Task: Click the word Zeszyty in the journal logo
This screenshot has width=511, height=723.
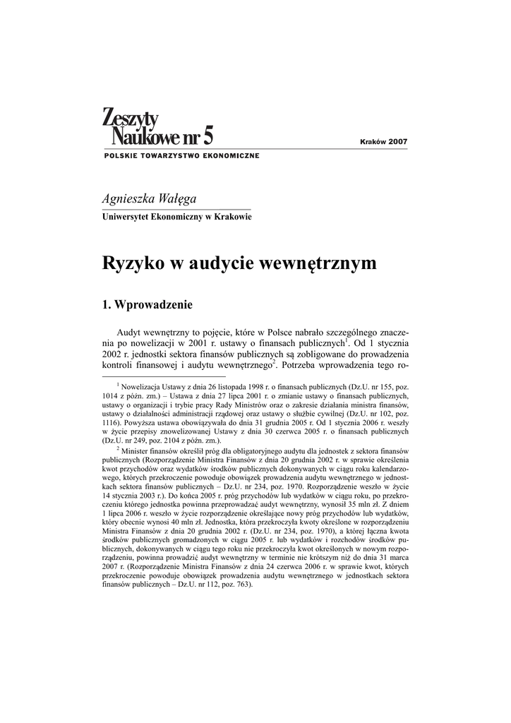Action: [x=131, y=116]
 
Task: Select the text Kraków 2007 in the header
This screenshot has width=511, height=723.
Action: [x=384, y=142]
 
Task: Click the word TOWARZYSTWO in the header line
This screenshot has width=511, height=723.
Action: [x=171, y=155]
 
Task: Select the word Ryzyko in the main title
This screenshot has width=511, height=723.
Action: [x=131, y=264]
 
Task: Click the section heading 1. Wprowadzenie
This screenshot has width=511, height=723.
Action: [x=148, y=305]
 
